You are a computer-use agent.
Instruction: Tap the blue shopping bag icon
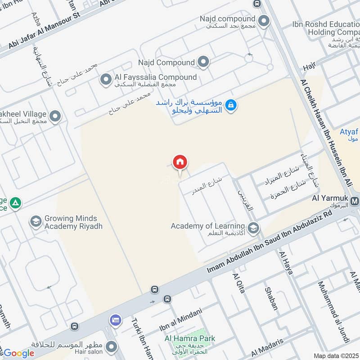point(231,105)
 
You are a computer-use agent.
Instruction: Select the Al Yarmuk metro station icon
point(355,201)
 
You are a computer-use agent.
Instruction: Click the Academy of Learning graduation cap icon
point(253,228)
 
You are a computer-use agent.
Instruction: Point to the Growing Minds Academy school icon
point(36,221)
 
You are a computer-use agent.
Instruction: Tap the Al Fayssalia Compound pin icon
point(106,80)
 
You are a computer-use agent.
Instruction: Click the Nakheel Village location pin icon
point(55,117)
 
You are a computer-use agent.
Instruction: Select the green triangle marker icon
point(16,203)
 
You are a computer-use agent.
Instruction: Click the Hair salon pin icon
point(111,346)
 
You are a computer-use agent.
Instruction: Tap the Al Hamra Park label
point(190,338)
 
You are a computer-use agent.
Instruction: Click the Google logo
point(18,353)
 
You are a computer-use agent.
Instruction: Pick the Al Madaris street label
point(267,347)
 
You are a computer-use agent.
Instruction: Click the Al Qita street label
point(238,283)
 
